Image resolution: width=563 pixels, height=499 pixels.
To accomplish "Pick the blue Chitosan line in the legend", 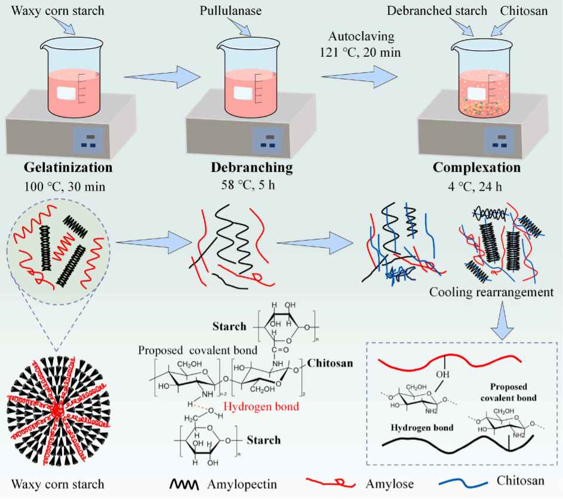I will [462, 483].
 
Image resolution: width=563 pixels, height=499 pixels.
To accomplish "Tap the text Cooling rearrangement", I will [492, 293].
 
